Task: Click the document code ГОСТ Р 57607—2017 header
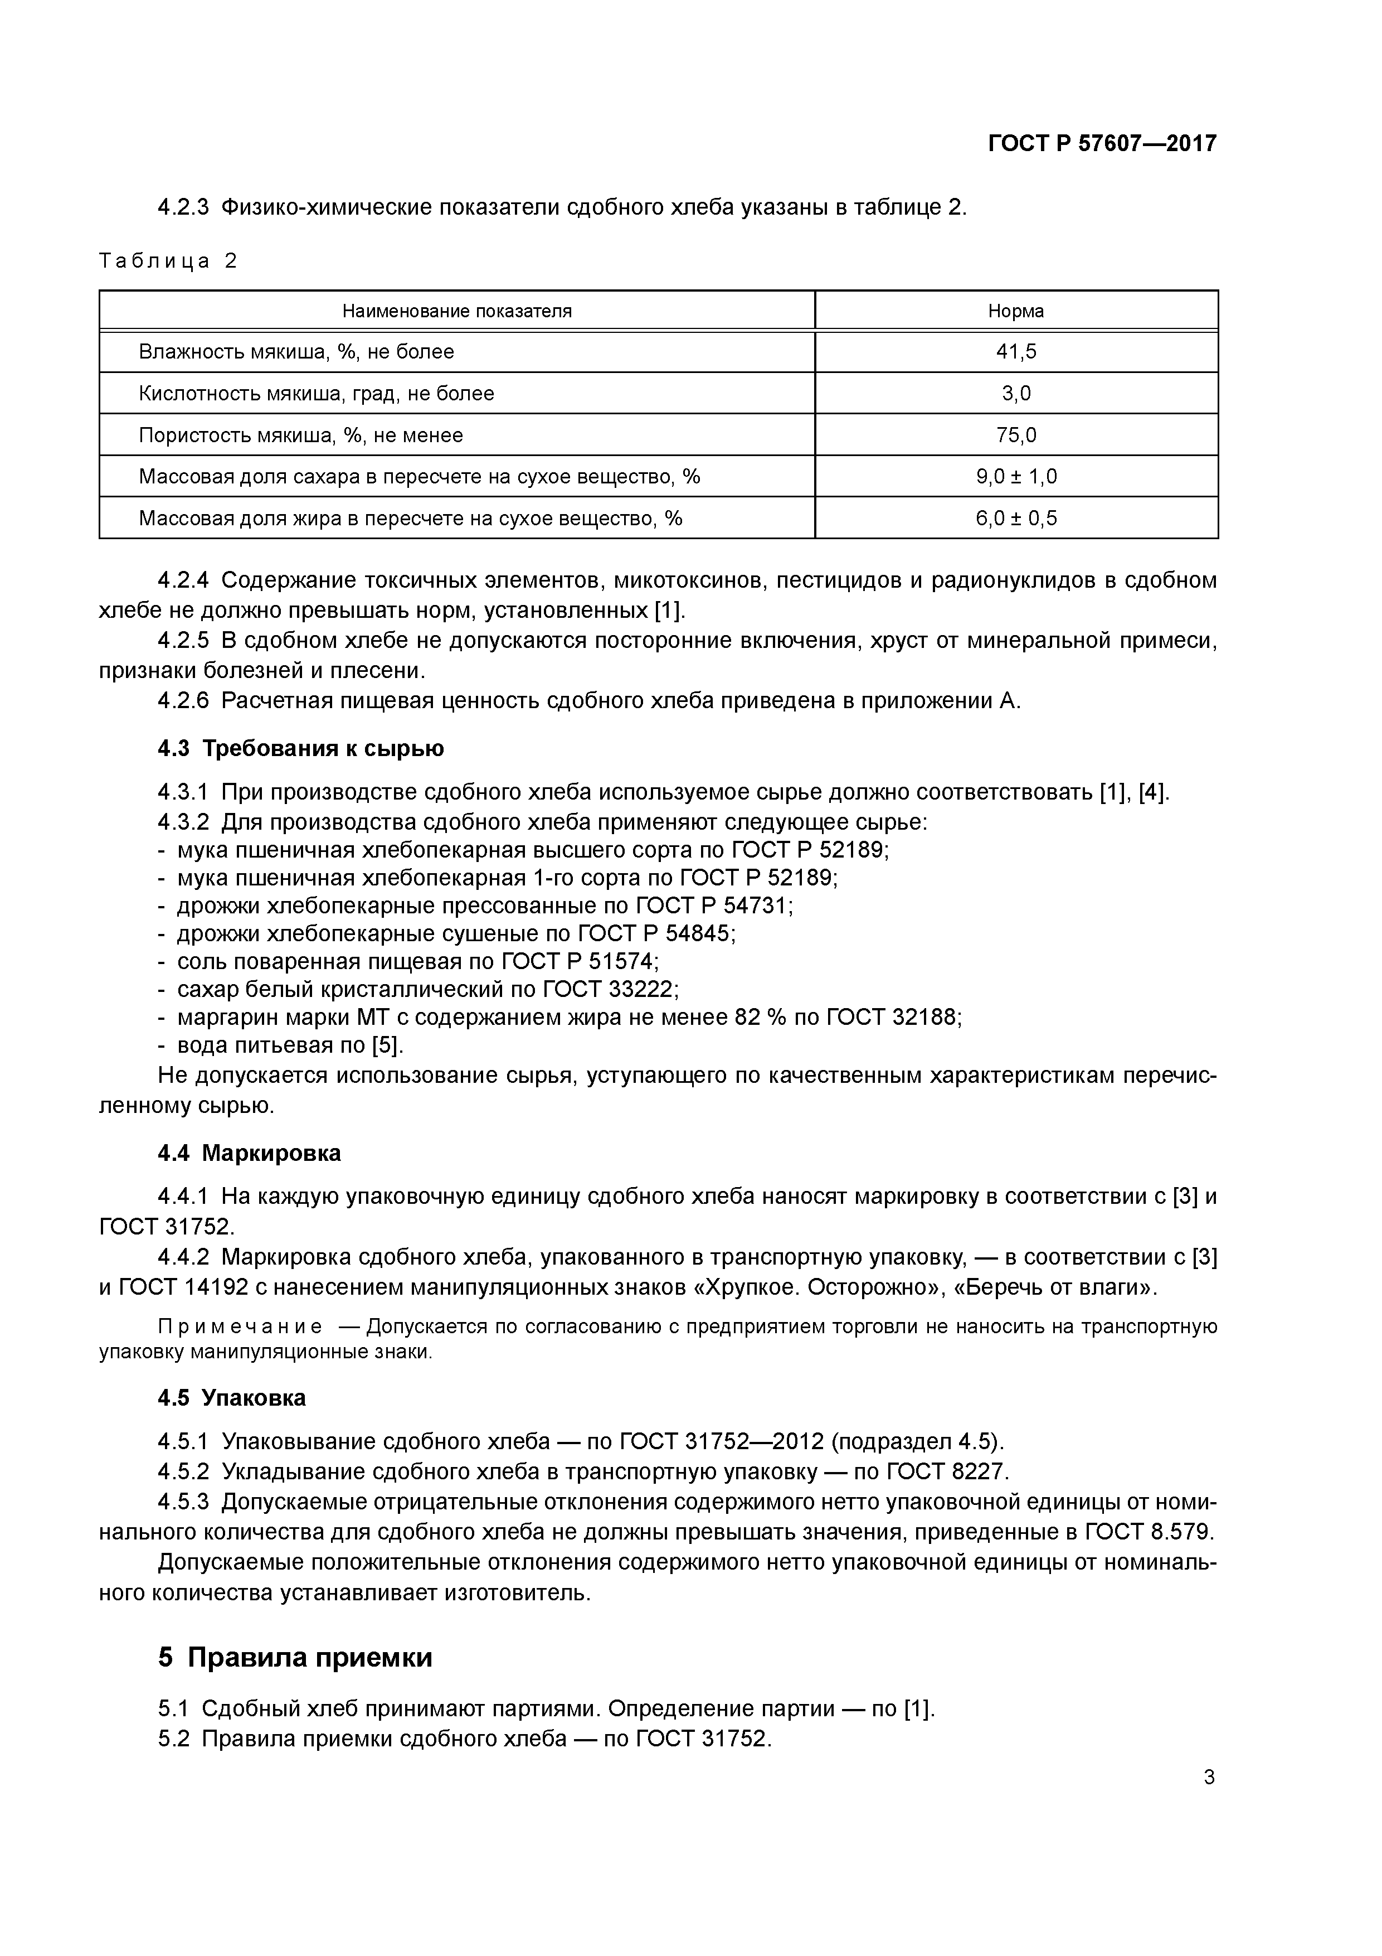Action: [1102, 144]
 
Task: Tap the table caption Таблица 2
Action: [168, 261]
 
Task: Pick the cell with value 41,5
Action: [1016, 352]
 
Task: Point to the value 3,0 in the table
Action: [1016, 394]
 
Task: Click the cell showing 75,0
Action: [1016, 435]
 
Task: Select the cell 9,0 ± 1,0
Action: [1016, 476]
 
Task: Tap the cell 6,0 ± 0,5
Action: [1016, 518]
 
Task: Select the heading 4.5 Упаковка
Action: [232, 1397]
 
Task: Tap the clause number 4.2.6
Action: [183, 701]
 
